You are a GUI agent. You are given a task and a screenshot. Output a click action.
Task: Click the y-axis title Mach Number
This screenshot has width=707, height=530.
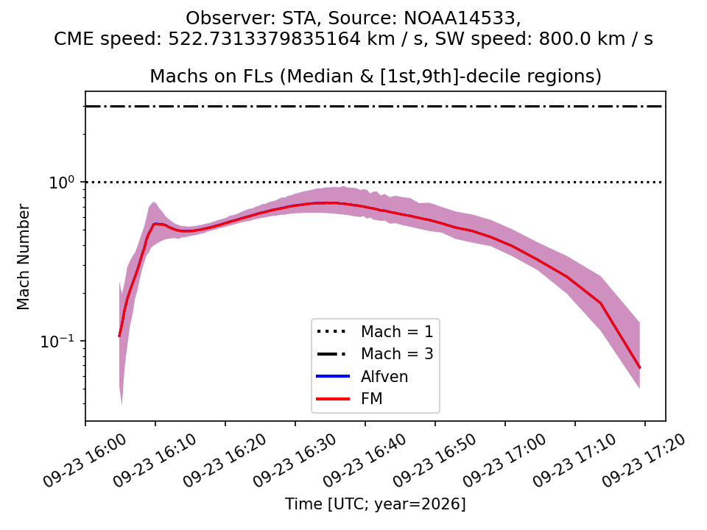23,257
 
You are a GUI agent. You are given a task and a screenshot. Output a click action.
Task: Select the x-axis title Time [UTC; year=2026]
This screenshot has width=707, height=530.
375,504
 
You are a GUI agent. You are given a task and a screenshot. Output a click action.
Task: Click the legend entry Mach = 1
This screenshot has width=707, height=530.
397,332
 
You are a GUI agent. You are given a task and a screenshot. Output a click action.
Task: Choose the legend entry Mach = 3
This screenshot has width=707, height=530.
397,354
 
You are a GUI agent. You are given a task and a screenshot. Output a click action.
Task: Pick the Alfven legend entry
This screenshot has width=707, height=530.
384,376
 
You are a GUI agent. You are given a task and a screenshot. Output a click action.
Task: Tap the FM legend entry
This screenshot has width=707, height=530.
371,398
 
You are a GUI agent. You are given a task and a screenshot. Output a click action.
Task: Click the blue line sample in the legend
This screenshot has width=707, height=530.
333,376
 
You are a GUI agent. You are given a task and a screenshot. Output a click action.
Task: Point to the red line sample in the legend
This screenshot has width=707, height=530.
333,399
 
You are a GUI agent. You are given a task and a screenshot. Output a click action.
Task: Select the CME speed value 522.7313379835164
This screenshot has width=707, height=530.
264,39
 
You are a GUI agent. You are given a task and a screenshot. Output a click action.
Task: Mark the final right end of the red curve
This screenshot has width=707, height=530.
640,368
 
